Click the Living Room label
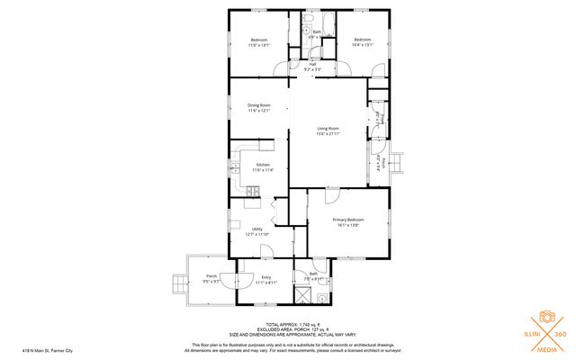(x=328, y=129)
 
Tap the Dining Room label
(x=259, y=106)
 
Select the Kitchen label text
(x=262, y=164)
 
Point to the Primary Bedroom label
(x=348, y=219)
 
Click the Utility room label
(x=256, y=229)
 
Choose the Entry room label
(x=265, y=277)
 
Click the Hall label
(x=312, y=64)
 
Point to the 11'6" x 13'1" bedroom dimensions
(x=259, y=45)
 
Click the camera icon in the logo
(x=546, y=319)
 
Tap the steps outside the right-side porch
(x=397, y=162)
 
